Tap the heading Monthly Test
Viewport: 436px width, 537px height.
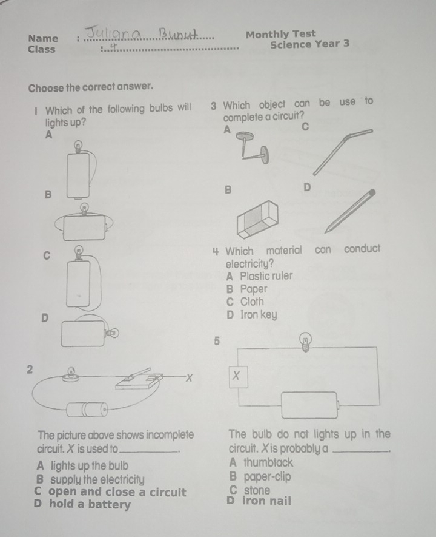[x=280, y=34]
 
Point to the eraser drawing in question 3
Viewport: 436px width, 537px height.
[x=257, y=219]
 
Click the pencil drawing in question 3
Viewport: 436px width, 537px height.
[x=350, y=211]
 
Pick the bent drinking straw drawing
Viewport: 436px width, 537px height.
[x=343, y=152]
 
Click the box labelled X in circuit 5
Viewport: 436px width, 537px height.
[x=239, y=377]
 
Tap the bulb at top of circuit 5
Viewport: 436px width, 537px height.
[x=305, y=342]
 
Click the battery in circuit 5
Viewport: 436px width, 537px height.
[x=310, y=405]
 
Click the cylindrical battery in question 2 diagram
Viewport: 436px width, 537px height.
[x=87, y=410]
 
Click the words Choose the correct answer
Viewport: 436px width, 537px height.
[x=91, y=87]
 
